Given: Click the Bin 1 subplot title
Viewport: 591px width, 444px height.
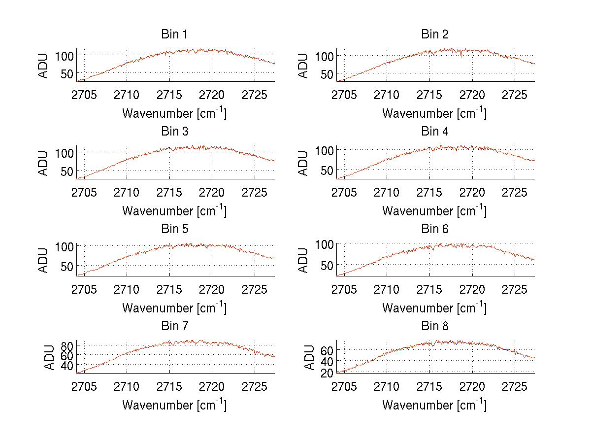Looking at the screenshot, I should [x=174, y=34].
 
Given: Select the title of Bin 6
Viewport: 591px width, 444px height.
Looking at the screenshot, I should [x=434, y=229].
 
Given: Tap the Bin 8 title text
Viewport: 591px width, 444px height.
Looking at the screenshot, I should [x=434, y=326].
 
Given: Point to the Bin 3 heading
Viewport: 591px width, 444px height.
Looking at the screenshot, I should [x=174, y=132].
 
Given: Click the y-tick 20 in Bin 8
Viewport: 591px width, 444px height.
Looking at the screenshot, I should [x=327, y=373].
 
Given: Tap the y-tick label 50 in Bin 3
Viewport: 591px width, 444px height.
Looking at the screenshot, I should [x=67, y=171].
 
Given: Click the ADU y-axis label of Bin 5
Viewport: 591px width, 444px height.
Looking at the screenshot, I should [x=44, y=260].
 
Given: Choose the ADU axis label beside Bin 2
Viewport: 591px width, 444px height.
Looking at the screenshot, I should [x=304, y=65].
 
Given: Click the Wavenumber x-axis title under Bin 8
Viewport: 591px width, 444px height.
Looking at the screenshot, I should [x=434, y=405].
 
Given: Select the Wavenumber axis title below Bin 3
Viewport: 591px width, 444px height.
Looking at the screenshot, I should [x=174, y=211].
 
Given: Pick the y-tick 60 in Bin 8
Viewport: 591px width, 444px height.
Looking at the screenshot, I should [x=327, y=350].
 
